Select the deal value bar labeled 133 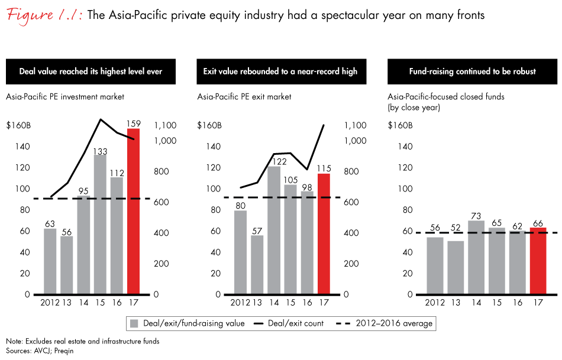pos(100,225)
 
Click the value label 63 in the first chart pos(49,223)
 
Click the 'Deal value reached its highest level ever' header pos(91,72)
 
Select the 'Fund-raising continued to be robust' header pos(472,72)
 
